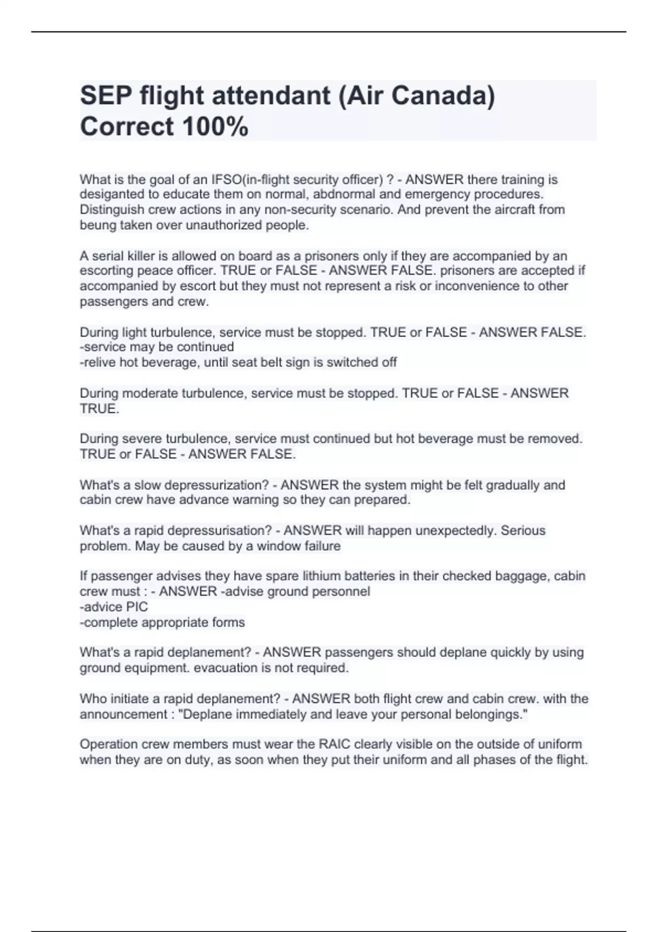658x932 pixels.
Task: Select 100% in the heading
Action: click(x=214, y=127)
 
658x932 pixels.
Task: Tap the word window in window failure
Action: click(x=278, y=546)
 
